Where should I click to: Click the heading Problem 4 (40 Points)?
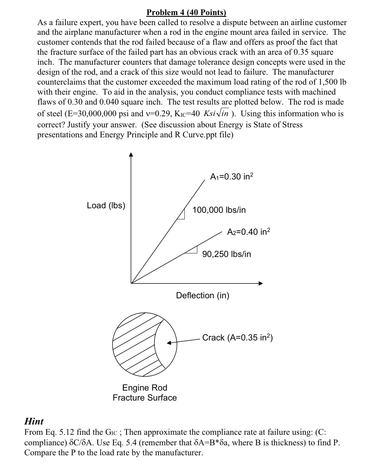[x=186, y=12]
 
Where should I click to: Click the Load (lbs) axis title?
[x=106, y=205]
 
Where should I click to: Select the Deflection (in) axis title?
[x=203, y=295]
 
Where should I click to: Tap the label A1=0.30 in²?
[x=232, y=177]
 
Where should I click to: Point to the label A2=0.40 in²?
[x=249, y=232]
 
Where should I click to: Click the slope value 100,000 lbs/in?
[x=219, y=210]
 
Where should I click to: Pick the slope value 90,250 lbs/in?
[x=227, y=254]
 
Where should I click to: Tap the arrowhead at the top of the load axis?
[x=131, y=155]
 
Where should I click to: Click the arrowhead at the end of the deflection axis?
[x=261, y=283]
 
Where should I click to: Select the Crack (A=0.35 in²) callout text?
[x=238, y=338]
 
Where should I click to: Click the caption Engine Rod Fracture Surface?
[x=145, y=393]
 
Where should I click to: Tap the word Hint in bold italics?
[x=34, y=421]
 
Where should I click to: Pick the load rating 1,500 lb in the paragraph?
[x=332, y=82]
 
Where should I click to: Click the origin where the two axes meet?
[x=131, y=283]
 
